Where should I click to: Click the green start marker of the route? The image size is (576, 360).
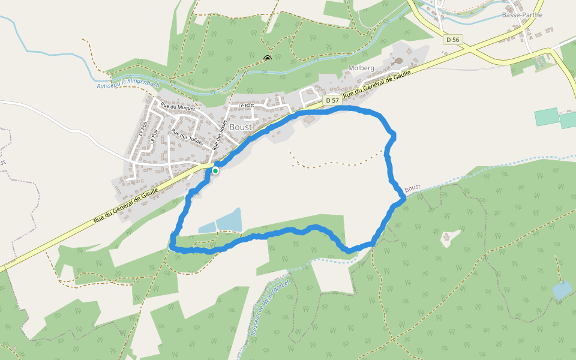tap(215, 170)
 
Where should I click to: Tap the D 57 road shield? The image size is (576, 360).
tap(333, 100)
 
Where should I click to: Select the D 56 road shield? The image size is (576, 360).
tap(453, 40)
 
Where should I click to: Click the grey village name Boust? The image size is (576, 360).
tap(241, 127)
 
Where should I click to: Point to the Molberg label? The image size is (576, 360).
tap(361, 68)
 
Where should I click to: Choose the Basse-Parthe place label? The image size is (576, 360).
tap(522, 15)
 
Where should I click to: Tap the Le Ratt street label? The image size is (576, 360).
tap(246, 105)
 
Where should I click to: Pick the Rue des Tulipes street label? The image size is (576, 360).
tap(188, 139)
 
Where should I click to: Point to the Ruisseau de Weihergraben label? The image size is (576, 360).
tap(270, 307)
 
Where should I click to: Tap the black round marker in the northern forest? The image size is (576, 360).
tap(267, 58)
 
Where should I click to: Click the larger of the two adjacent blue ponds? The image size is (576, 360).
tap(229, 220)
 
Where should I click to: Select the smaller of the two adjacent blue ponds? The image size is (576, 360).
tap(206, 227)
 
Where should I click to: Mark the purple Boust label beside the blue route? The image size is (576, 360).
tap(412, 188)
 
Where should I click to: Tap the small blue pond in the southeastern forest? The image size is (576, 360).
tap(562, 290)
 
